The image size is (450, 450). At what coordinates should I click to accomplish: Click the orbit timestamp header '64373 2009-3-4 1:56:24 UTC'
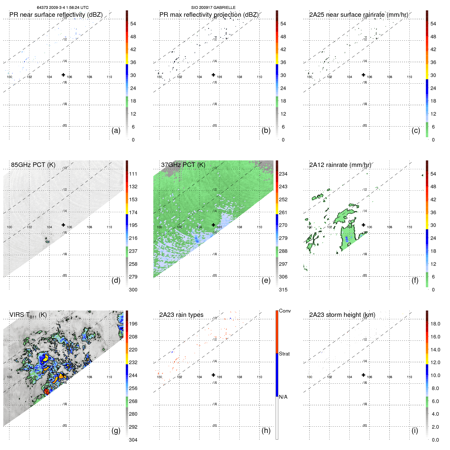pos(63,8)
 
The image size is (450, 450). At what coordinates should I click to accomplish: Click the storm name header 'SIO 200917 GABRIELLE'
pos(213,8)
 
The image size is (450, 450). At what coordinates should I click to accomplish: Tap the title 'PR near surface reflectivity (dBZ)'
pos(56,15)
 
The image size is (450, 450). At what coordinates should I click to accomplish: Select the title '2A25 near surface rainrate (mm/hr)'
pos(359,15)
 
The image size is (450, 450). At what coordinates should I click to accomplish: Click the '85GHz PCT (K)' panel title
pos(33,165)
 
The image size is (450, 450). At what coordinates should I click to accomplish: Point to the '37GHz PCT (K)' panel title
pos(183,165)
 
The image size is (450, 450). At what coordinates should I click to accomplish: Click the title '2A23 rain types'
pos(181,315)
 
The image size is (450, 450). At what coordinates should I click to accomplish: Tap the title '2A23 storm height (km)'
pos(342,315)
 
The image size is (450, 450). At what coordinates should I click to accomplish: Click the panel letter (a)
pos(116,130)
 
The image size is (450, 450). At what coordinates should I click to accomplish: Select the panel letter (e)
pos(266,280)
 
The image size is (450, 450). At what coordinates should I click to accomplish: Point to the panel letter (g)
pos(116,430)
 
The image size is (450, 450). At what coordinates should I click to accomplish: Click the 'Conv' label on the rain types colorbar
pos(285,311)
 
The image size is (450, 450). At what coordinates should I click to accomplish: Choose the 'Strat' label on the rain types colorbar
pos(284,354)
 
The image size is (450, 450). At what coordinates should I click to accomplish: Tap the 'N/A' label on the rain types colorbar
pos(283,397)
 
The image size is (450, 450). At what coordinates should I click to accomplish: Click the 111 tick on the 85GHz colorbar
pos(133,174)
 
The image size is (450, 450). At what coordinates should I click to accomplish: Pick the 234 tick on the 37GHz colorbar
pos(283,174)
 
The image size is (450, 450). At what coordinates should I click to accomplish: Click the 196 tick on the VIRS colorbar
pos(133,324)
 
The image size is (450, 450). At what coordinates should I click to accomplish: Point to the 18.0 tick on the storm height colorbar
pos(435,324)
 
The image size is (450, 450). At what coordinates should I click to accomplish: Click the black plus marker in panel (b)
pos(213,75)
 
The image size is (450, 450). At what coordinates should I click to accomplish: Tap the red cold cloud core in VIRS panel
pos(46,391)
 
